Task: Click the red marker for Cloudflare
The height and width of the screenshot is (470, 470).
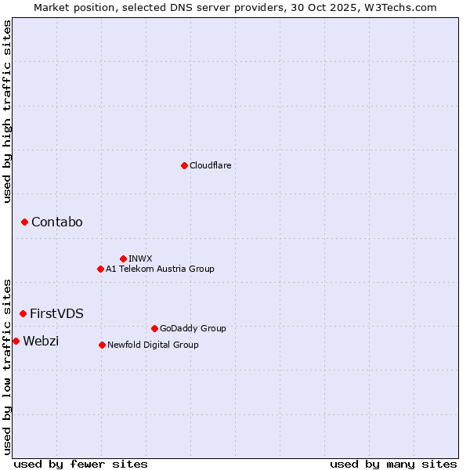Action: tap(184, 165)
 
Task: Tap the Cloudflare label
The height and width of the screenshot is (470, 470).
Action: tap(211, 165)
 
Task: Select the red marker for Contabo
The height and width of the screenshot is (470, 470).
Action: tap(24, 222)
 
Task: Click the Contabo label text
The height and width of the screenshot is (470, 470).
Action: tap(57, 222)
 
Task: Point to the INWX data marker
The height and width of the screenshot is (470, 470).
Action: tap(123, 258)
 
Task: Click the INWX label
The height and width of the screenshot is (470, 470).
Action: tap(140, 258)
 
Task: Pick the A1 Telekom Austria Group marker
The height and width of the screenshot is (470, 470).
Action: tap(100, 269)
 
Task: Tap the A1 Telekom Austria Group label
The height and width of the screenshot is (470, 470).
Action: tap(160, 269)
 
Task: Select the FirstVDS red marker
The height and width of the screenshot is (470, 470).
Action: tap(23, 313)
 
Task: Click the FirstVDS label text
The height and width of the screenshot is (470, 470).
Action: tap(57, 313)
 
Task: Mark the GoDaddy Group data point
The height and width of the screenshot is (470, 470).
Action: tap(154, 328)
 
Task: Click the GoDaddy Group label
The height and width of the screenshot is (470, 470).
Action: tap(193, 328)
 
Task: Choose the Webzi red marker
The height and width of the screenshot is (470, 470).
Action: tap(16, 341)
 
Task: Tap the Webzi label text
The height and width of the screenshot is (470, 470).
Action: tap(41, 341)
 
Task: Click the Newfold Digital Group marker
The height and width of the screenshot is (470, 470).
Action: tap(102, 345)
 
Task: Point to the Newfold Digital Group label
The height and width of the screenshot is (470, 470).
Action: tap(153, 345)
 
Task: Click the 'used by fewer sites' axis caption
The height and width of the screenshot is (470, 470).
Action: tap(81, 464)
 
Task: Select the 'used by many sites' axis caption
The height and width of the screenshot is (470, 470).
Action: tap(393, 464)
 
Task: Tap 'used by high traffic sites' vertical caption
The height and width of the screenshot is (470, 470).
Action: tap(8, 111)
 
